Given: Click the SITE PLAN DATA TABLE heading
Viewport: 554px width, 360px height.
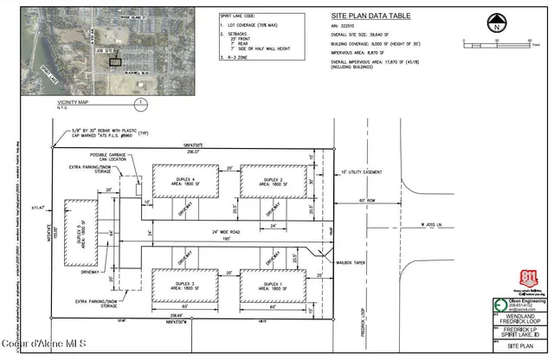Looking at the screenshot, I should [365, 16].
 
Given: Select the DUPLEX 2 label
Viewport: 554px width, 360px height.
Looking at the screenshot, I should [266, 178].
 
